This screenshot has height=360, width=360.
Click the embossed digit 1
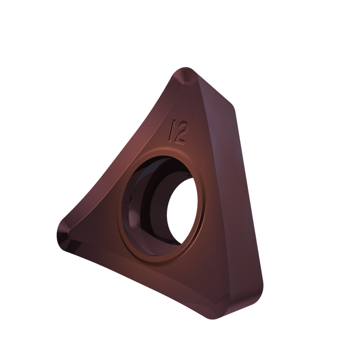(171, 130)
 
